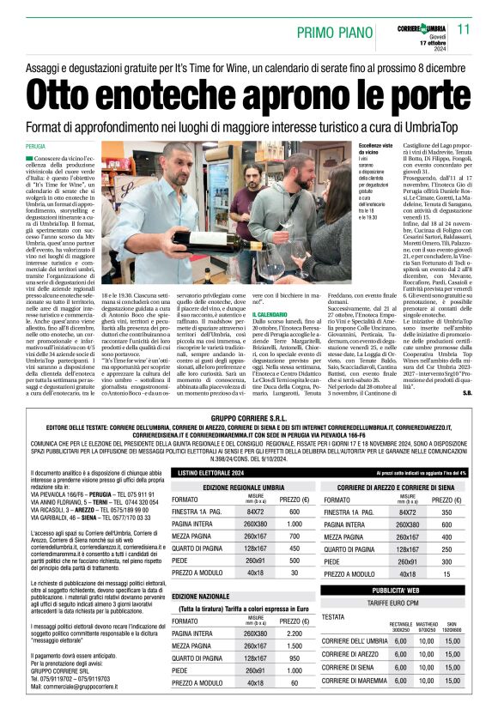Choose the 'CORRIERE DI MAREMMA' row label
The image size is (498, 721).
(x=354, y=703)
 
